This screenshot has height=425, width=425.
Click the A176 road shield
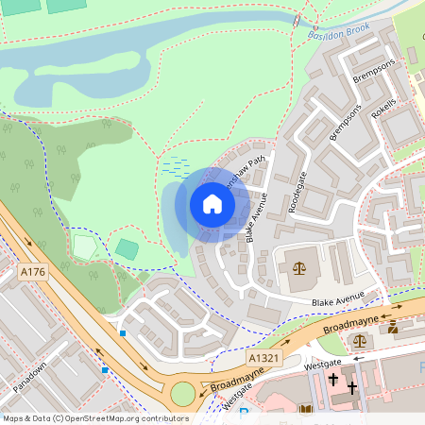coord(32,272)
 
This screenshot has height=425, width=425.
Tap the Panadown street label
coord(31,379)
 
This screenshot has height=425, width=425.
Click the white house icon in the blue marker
coord(212,204)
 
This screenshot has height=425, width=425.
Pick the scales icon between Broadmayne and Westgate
coord(359,340)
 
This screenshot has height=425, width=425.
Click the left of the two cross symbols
coord(332,381)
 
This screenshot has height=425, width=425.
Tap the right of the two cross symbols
coord(352,387)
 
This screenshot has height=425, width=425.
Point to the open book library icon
coord(305,409)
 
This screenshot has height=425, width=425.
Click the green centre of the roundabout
coord(182,393)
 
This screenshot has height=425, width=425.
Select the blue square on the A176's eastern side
coord(123,332)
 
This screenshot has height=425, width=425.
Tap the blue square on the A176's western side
coord(104,370)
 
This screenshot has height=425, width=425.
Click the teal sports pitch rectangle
coord(127,249)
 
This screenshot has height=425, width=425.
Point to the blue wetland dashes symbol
coord(175,166)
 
